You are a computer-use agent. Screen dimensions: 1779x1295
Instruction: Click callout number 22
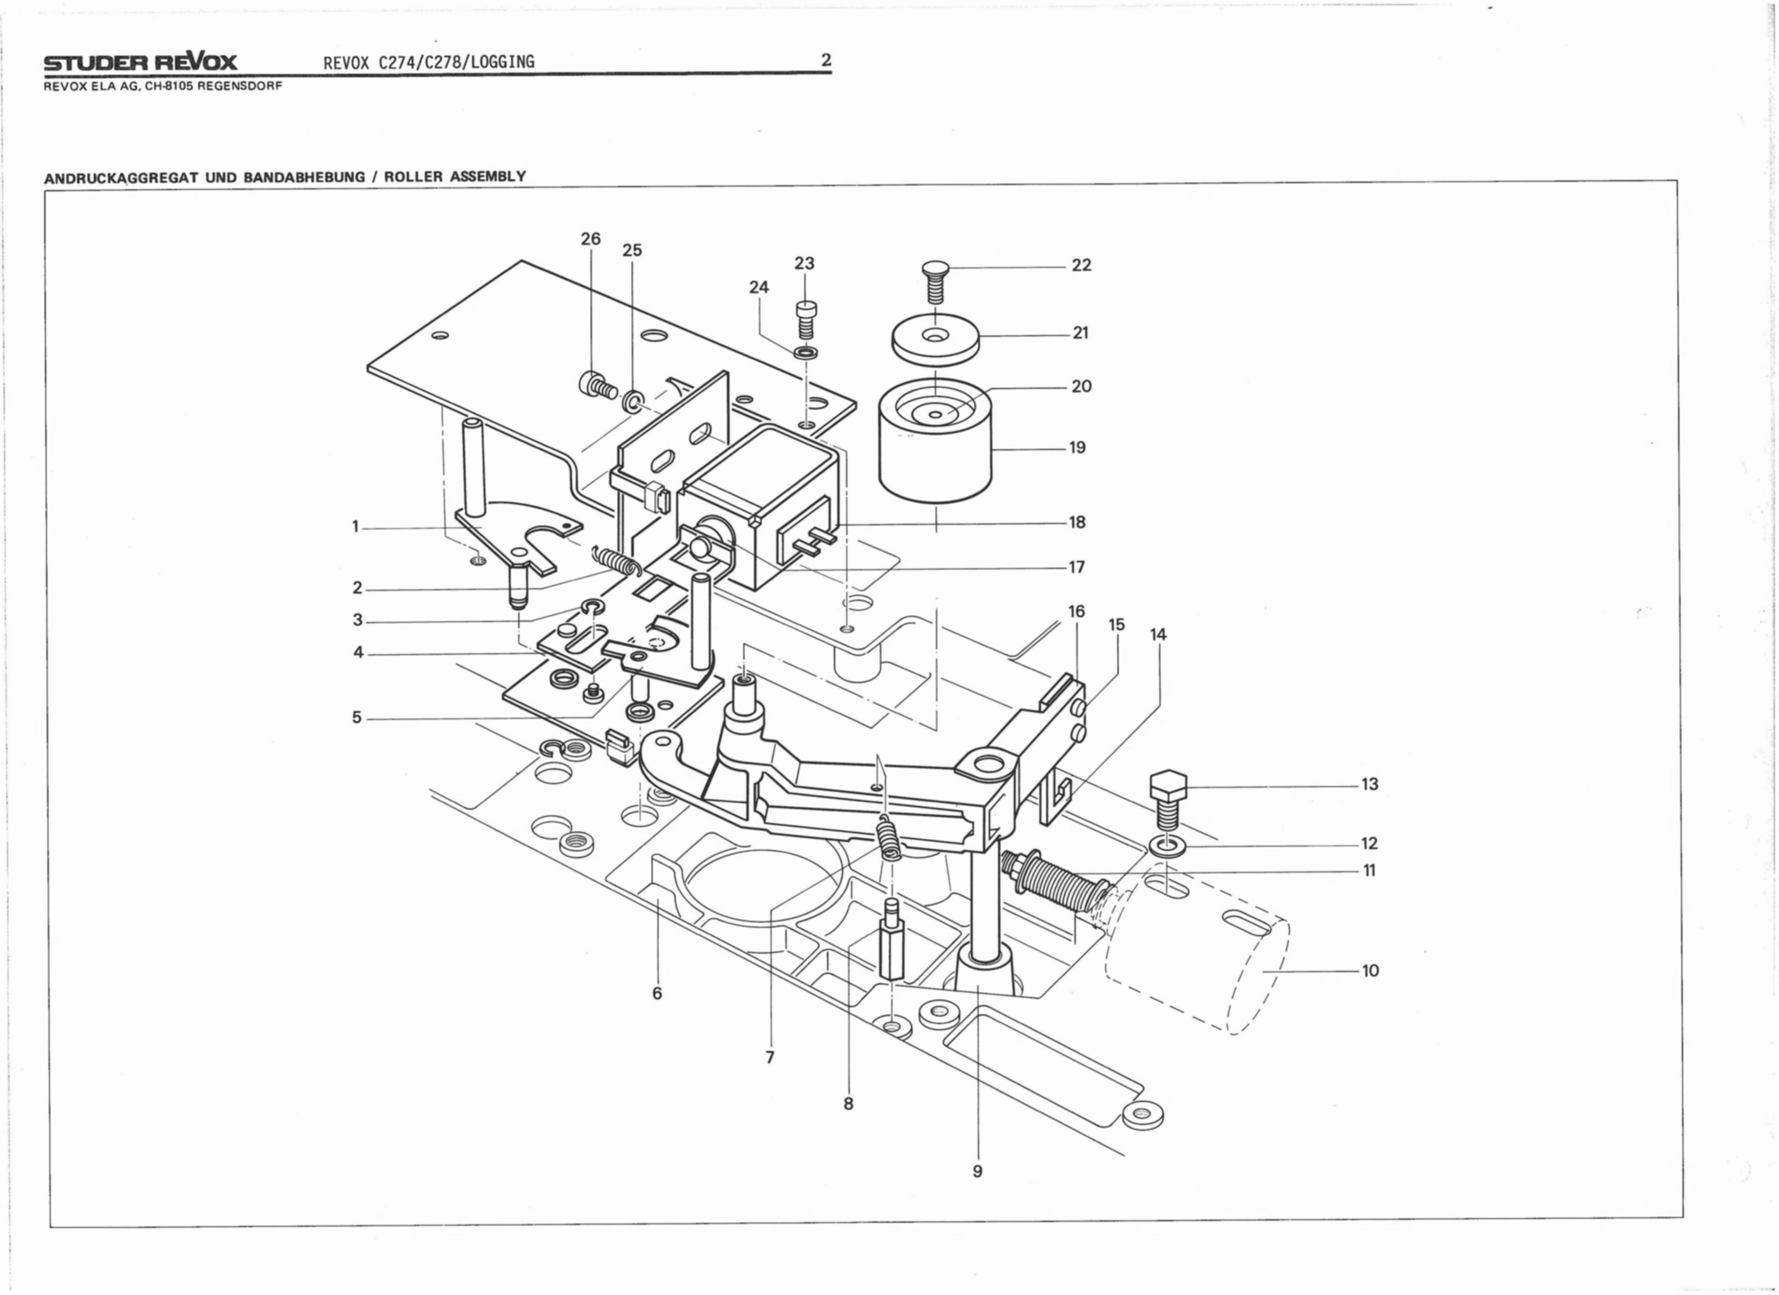point(1081,265)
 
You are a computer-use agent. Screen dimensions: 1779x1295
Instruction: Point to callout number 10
point(1370,970)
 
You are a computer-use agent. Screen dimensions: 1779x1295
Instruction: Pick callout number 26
point(591,238)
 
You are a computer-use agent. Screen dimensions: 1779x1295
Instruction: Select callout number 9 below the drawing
point(977,1171)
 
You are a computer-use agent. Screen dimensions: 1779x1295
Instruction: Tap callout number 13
point(1370,784)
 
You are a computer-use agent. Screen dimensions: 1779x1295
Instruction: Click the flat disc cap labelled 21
point(936,340)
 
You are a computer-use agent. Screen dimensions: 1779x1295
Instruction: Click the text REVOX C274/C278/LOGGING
point(429,62)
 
